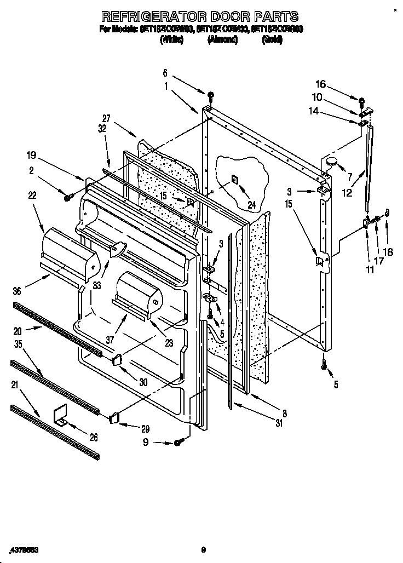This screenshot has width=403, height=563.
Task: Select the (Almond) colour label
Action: click(x=222, y=40)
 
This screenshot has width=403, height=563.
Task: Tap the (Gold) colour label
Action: click(x=272, y=40)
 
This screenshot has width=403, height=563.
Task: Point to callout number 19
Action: click(x=32, y=155)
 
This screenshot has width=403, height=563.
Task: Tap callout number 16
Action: click(x=321, y=84)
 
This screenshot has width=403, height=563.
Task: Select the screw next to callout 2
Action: click(x=68, y=197)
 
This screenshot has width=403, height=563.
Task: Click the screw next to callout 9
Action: click(x=178, y=442)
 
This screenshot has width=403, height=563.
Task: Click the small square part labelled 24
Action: click(x=234, y=179)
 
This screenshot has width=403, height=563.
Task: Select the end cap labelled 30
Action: click(x=117, y=360)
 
